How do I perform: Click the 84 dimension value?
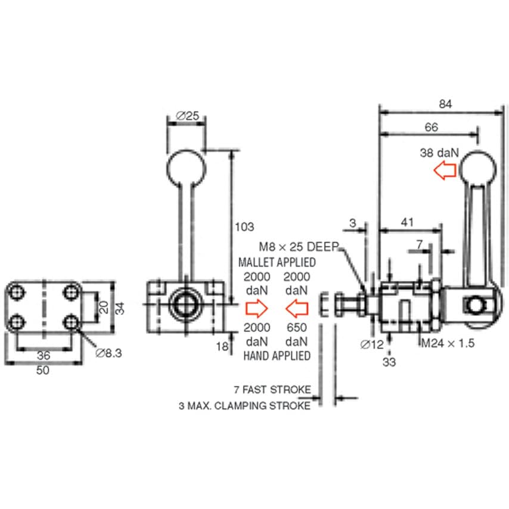(445, 104)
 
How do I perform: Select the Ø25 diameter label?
(187, 116)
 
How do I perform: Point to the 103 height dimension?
(244, 226)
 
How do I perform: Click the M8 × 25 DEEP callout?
(299, 246)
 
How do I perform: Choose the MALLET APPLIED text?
(277, 262)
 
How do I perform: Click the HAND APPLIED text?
(277, 356)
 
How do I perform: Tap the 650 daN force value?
(296, 334)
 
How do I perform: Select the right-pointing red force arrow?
(256, 308)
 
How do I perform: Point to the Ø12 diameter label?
(373, 343)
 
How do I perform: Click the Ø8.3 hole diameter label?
(108, 353)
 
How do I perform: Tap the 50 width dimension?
(42, 370)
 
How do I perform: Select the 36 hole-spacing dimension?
(44, 355)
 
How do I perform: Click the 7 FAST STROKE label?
(273, 390)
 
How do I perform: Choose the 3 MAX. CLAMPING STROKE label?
(244, 406)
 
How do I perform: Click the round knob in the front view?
(186, 167)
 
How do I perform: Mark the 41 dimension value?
(408, 222)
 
